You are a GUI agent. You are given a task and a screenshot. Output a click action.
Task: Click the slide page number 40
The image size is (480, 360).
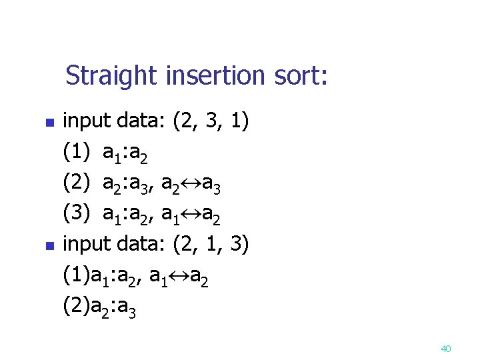click(447, 348)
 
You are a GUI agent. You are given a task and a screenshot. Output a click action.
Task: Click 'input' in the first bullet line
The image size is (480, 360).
click(86, 122)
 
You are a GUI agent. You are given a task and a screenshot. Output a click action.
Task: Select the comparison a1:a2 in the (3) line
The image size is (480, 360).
click(127, 214)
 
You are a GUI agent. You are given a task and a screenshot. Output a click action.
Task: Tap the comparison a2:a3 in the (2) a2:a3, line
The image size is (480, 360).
click(127, 183)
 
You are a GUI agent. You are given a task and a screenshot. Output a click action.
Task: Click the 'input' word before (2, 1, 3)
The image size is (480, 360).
click(86, 244)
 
